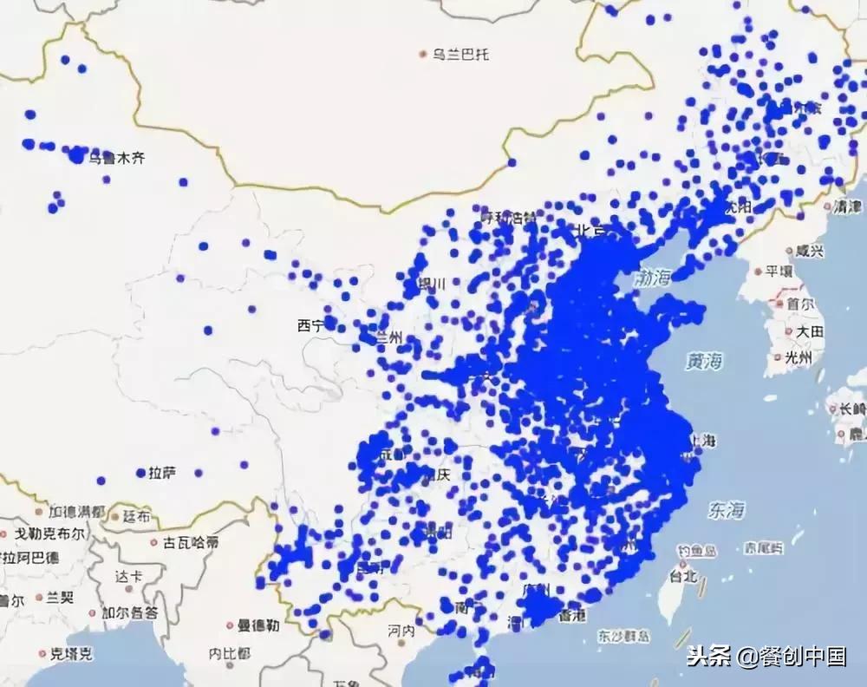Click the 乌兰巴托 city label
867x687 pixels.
click(x=461, y=55)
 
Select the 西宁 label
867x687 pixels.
click(x=310, y=325)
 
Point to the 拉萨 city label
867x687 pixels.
click(x=162, y=473)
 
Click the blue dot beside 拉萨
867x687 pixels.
click(x=140, y=473)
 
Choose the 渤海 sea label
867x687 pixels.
click(x=653, y=278)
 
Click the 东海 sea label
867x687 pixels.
click(x=727, y=509)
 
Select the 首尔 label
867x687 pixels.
click(x=800, y=304)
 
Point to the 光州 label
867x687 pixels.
click(x=797, y=357)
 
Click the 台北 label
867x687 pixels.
click(x=681, y=575)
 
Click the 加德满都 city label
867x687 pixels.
click(x=77, y=512)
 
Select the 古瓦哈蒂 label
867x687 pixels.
click(x=190, y=543)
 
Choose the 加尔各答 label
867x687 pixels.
click(x=129, y=612)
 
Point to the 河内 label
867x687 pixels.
click(x=401, y=631)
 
